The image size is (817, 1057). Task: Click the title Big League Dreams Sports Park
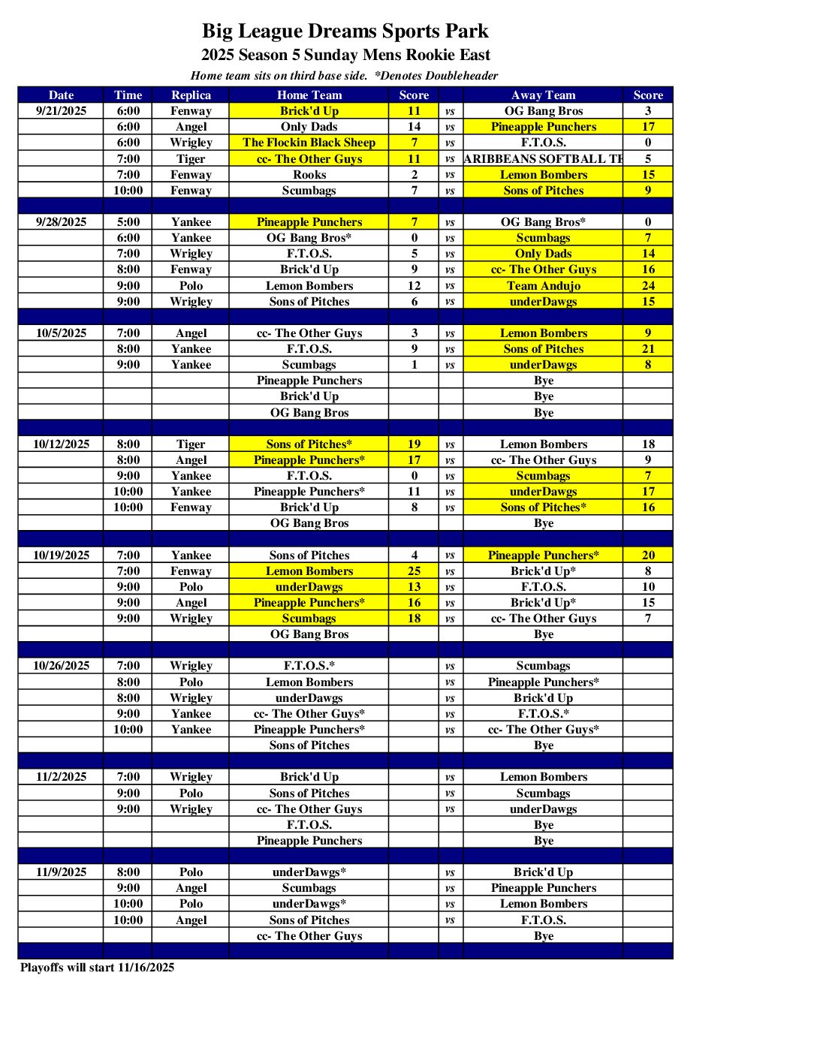click(345, 32)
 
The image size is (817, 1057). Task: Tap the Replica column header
click(191, 95)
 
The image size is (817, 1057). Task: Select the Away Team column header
click(543, 95)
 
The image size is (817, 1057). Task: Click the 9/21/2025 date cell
click(61, 111)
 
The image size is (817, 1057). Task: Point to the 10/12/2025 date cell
click(61, 444)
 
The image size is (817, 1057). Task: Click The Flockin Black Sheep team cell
click(309, 143)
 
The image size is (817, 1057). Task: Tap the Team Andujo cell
click(543, 286)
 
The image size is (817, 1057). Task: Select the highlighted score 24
click(648, 286)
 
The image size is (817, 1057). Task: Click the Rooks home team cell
click(309, 175)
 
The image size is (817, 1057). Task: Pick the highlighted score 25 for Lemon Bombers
click(414, 571)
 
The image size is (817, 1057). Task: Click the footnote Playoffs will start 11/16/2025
click(98, 968)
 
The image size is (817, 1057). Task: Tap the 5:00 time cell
click(128, 222)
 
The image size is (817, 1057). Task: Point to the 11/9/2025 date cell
click(61, 872)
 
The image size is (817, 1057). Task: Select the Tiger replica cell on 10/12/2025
click(191, 444)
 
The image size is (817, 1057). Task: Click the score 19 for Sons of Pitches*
click(414, 444)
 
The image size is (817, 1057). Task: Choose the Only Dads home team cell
click(309, 127)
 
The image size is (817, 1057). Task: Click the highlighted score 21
click(648, 349)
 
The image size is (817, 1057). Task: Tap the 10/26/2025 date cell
click(61, 666)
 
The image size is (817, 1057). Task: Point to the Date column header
click(61, 95)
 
